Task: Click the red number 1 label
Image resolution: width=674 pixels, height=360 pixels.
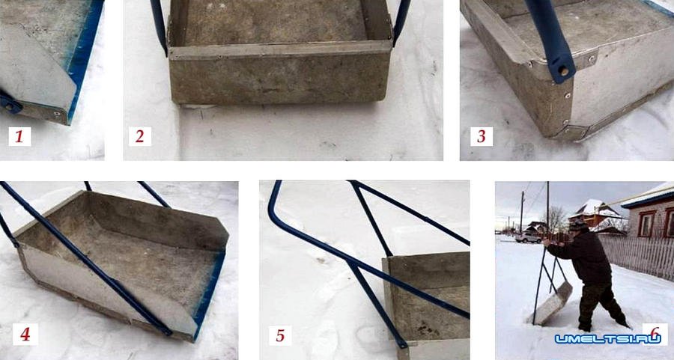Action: pyautogui.click(x=19, y=137)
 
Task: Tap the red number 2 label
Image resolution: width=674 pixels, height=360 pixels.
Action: pyautogui.click(x=140, y=137)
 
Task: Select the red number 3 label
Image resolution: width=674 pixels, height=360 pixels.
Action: pyautogui.click(x=482, y=137)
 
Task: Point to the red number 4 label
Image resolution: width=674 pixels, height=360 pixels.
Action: pyautogui.click(x=25, y=335)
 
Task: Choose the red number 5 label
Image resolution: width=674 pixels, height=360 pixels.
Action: pyautogui.click(x=280, y=335)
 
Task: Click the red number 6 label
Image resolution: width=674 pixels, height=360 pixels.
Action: pyautogui.click(x=655, y=333)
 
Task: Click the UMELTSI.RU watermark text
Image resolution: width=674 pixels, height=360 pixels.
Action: pyautogui.click(x=607, y=339)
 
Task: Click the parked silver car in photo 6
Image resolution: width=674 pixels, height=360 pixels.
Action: pyautogui.click(x=529, y=237)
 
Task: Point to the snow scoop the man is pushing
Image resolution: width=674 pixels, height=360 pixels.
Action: pyautogui.click(x=553, y=304)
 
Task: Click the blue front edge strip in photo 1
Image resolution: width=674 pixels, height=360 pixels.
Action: pyautogui.click(x=85, y=60)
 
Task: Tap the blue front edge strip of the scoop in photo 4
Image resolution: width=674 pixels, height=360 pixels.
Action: pyautogui.click(x=210, y=296)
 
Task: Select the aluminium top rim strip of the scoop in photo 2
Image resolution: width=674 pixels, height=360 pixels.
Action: pyautogui.click(x=280, y=49)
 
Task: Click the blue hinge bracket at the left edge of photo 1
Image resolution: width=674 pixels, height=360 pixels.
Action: pyautogui.click(x=10, y=103)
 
